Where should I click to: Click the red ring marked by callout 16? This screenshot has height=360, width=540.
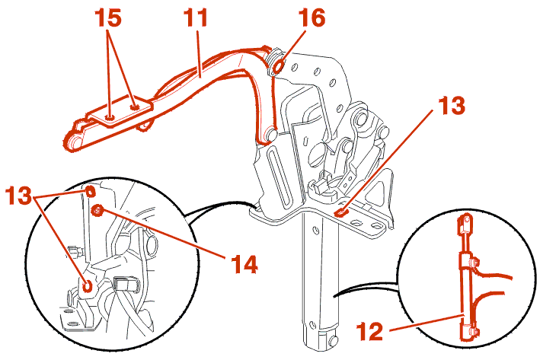[278, 66]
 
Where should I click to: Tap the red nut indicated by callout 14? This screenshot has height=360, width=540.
[97, 211]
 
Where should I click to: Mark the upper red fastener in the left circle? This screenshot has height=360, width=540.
[91, 190]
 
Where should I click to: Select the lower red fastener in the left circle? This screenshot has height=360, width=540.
[89, 285]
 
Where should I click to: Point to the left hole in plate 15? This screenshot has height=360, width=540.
[112, 116]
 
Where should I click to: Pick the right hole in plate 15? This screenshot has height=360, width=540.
[136, 108]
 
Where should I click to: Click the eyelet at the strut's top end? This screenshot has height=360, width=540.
[462, 225]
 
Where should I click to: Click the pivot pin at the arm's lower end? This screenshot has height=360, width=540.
[268, 136]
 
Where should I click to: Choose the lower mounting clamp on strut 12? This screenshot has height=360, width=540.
[471, 331]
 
